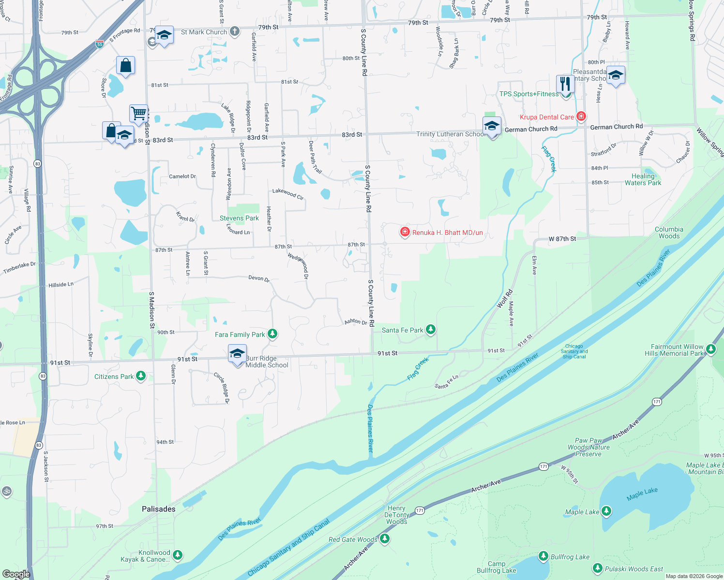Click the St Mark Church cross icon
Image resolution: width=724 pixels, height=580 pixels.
tap(234, 32)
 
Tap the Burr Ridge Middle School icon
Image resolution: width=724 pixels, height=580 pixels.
tap(237, 354)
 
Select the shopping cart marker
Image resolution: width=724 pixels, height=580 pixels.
tap(139, 114)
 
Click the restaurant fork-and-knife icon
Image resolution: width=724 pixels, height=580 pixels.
tap(565, 84)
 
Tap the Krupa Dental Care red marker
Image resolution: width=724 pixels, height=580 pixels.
tap(581, 116)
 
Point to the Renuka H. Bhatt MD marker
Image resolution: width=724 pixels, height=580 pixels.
tap(405, 232)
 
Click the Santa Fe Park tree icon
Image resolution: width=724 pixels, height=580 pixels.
tap(430, 330)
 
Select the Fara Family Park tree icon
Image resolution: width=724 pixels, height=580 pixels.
tap(272, 334)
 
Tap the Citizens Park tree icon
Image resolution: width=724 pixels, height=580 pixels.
tap(141, 376)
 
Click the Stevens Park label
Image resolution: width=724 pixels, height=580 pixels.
tap(239, 218)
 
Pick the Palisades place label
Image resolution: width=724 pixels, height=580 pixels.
tap(159, 509)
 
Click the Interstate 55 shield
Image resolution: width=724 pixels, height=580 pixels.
tap(100, 44)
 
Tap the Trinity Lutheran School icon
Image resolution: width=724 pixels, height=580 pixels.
tap(492, 127)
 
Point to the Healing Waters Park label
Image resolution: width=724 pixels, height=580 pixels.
tap(643, 179)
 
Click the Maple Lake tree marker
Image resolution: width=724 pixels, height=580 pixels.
tap(606, 511)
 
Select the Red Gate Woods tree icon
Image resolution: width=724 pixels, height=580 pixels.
tap(385, 538)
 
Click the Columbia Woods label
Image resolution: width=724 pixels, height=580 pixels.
tap(669, 232)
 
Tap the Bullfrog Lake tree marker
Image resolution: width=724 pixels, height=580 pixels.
tap(543, 556)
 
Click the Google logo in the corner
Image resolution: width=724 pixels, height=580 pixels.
tap(16, 574)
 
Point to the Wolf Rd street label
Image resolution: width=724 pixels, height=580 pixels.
tap(505, 299)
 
